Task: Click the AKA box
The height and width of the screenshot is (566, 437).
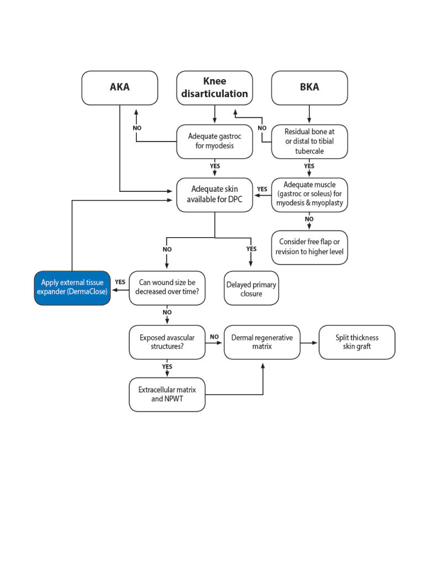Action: coord(119,88)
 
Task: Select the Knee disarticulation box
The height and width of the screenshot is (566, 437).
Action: coord(214,88)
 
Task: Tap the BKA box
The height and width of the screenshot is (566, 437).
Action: coord(309,88)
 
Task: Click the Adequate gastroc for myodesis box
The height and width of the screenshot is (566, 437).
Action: coord(214,141)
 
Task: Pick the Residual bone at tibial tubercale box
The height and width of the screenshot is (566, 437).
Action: coord(309,141)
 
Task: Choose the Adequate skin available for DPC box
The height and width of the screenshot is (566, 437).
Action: coord(214,195)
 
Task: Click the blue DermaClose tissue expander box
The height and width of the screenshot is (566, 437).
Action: coord(72,288)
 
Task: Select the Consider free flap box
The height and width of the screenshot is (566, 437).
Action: coord(309,248)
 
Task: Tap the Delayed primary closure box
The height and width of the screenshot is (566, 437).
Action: coord(251,288)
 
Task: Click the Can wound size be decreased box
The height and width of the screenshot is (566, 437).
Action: coord(167,288)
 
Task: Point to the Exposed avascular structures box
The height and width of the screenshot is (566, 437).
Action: coord(167,342)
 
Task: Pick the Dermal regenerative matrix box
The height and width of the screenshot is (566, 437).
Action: coord(262,342)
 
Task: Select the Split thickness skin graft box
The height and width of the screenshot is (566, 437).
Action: coord(357,342)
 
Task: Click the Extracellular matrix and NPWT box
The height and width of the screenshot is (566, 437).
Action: coord(167,395)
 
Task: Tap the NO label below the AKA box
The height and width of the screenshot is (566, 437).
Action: coord(137,128)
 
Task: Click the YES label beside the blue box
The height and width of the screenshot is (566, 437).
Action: coord(120,282)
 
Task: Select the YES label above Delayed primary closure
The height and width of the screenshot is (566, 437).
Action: coord(251,249)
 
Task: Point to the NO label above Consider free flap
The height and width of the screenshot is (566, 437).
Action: coord(309,219)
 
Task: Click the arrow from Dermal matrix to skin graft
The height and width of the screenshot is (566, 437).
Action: coord(309,343)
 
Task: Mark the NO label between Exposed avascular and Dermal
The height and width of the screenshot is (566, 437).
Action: coord(214,337)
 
